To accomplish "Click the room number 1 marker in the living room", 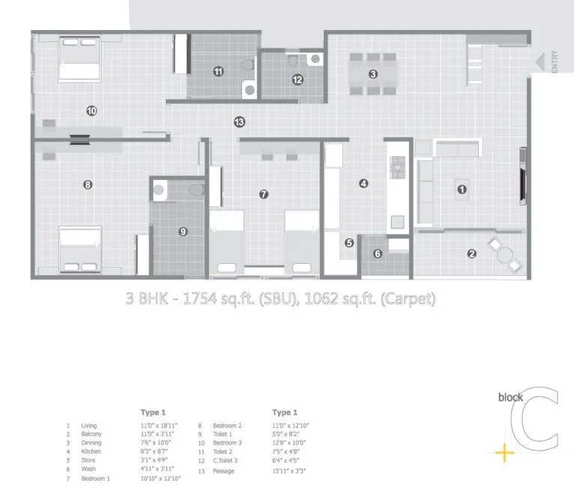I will tap(462, 190).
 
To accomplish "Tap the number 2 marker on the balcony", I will tap(471, 253).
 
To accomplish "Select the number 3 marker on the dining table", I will tap(372, 73).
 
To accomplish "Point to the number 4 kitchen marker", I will tap(363, 183).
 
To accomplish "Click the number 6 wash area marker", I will tap(377, 253).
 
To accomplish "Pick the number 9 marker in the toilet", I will tap(183, 232).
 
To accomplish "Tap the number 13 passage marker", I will tap(239, 121).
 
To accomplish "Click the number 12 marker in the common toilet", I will tap(297, 79).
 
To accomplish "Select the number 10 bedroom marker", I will tap(91, 111).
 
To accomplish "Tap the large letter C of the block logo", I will tap(538, 419).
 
